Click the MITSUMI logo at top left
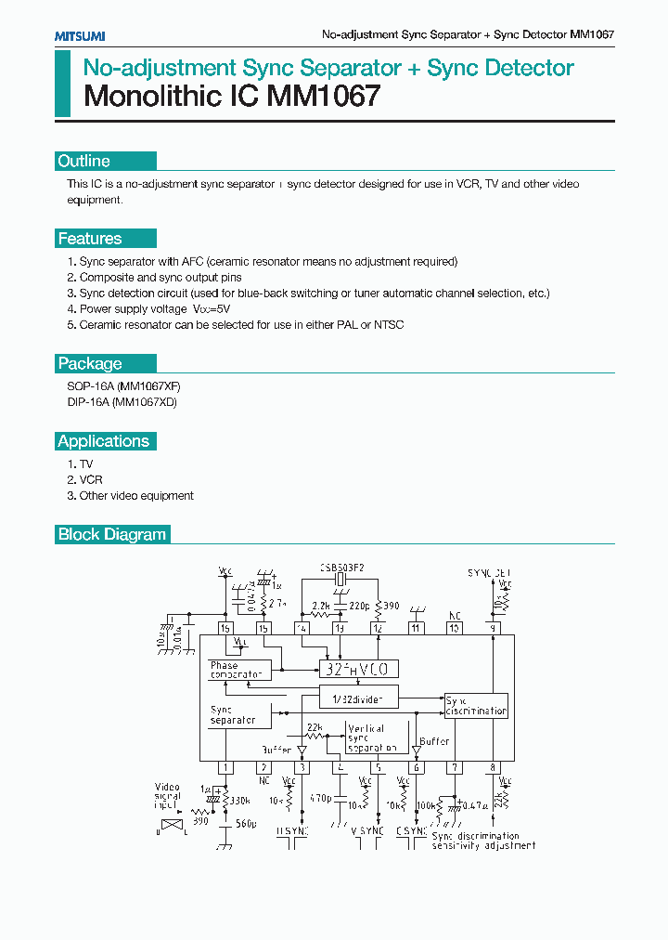pos(79,34)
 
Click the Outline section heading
pos(84,161)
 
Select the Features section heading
pos(90,239)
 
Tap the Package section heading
pos(90,363)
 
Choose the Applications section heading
pos(103,441)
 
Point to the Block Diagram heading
pos(112,534)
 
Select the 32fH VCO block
pos(358,669)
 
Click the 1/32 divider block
pos(358,697)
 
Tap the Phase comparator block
pos(236,670)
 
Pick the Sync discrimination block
pos(476,705)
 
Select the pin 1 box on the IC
pos(225,767)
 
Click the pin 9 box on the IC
pos(493,629)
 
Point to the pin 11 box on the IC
pos(417,629)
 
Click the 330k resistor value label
pos(239,800)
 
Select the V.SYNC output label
pos(367,830)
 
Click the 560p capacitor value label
pos(246,823)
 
